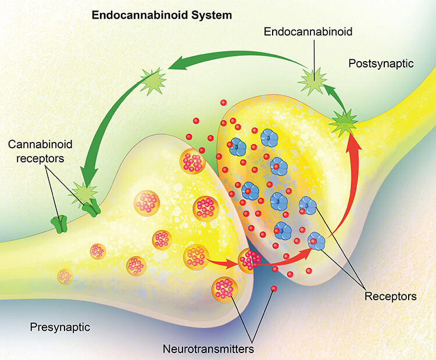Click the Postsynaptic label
pos(381,63)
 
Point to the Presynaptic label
pos(60,327)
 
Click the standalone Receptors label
pos(391,297)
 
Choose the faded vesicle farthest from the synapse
pos(64,275)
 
